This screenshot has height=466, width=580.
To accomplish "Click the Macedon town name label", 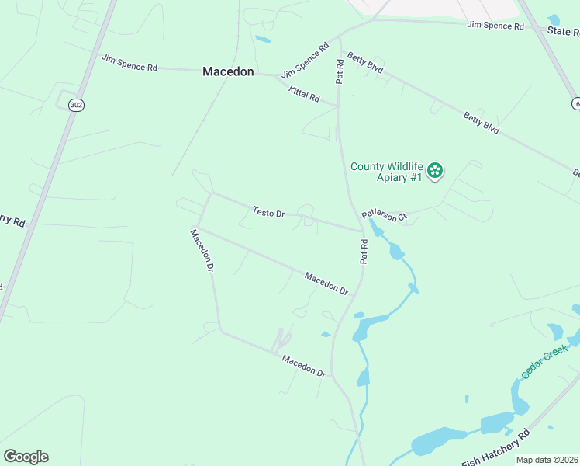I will click(228, 71).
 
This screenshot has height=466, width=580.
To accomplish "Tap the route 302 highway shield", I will click(75, 105).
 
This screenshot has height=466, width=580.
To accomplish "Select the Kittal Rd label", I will click(304, 95).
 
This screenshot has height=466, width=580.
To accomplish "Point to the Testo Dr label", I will click(269, 212).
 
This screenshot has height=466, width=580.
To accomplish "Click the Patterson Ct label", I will click(384, 215).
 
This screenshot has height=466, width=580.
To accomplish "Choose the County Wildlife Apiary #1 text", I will click(385, 172).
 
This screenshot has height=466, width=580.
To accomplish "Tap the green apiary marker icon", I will click(435, 170).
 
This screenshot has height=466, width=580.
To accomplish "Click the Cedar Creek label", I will click(545, 363).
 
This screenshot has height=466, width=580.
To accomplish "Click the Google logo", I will click(26, 457).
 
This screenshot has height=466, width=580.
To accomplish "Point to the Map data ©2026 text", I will click(547, 460).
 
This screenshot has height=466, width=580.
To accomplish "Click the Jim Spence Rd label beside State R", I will click(495, 26).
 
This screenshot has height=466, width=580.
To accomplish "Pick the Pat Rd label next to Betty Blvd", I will click(339, 71).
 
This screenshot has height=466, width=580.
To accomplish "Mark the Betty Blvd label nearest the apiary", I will click(482, 123).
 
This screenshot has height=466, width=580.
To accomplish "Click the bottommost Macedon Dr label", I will click(303, 366).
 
